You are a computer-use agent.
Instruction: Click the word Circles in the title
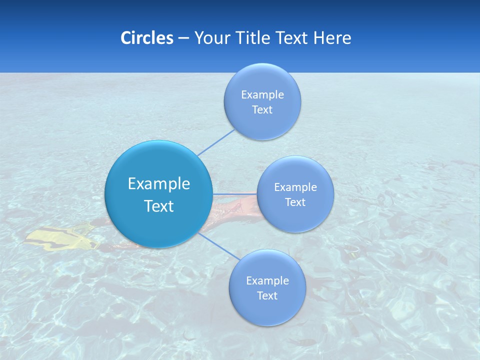click(x=147, y=38)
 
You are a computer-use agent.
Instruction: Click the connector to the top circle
click(x=216, y=142)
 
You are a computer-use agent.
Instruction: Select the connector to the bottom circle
click(x=215, y=245)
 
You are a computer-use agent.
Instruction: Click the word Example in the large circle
click(x=159, y=183)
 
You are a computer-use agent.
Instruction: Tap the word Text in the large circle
click(x=159, y=206)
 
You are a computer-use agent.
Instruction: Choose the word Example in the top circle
click(x=262, y=94)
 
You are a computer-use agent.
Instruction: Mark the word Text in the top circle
click(x=262, y=109)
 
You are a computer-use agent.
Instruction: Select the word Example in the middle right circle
click(x=295, y=187)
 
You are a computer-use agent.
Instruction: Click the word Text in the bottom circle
click(x=267, y=295)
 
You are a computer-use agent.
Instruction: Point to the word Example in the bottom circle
click(x=267, y=280)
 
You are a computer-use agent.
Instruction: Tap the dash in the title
click(x=183, y=38)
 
